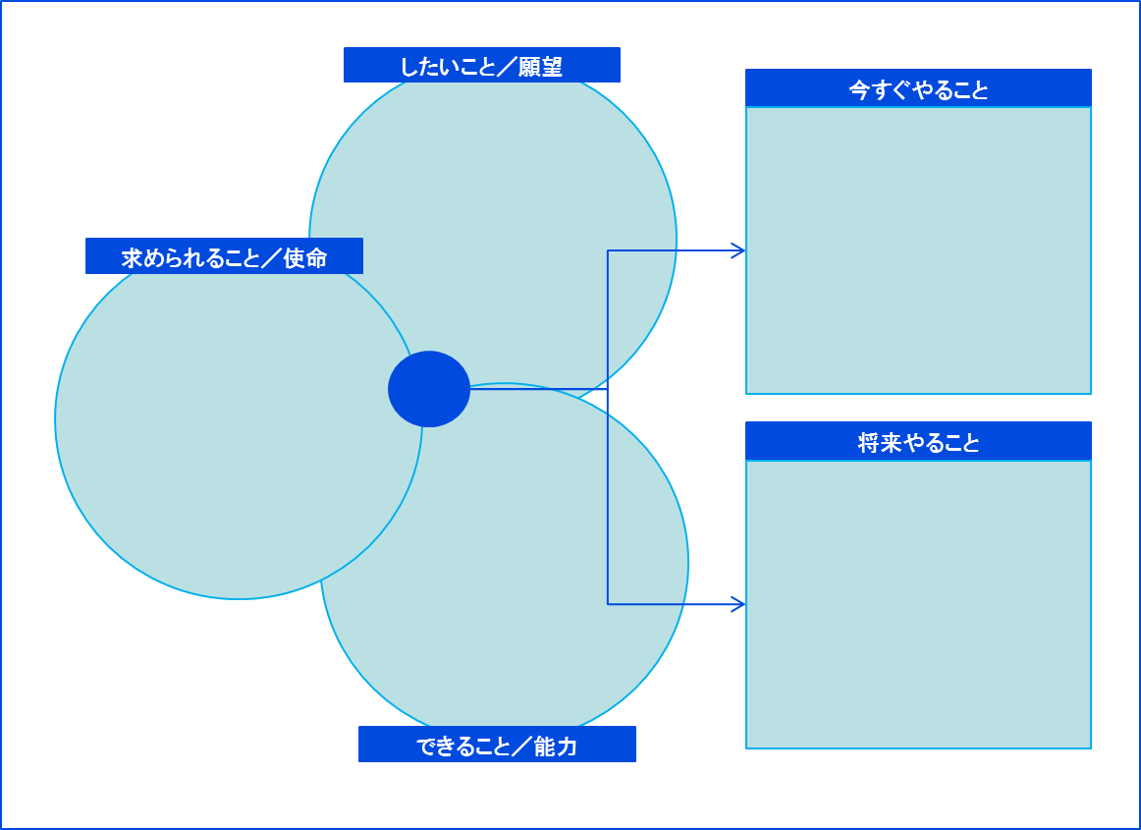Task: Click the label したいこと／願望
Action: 481,66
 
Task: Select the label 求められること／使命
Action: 224,257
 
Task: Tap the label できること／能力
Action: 497,746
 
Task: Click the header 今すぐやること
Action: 918,89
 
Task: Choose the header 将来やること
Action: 918,442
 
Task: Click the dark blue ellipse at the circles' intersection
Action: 429,389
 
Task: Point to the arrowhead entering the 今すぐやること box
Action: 739,251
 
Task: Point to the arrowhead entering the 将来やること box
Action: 739,604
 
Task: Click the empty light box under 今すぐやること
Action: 918,250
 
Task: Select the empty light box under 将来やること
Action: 918,603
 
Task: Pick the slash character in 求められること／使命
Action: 269,258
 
